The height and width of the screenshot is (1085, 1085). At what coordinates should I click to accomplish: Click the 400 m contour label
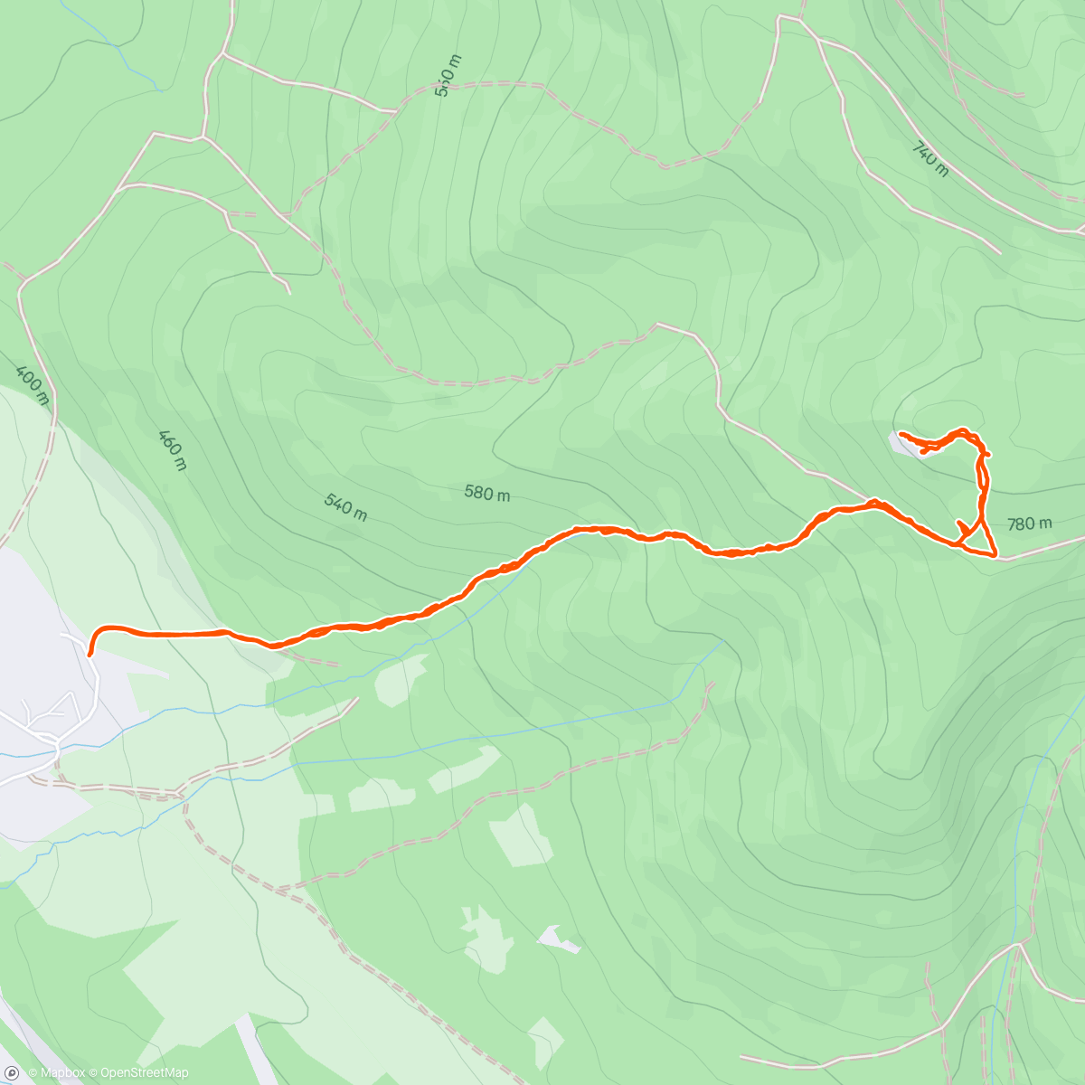31,383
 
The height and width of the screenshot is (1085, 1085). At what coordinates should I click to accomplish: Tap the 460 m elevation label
172,449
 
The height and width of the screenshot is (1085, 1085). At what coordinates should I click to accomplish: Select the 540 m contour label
345,506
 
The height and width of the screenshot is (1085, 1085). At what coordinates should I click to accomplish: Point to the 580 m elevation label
486,494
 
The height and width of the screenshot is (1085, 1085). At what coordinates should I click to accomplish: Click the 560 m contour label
448,75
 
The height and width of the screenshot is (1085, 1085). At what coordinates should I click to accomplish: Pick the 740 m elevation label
929,159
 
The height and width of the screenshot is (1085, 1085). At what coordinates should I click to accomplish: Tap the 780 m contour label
1029,524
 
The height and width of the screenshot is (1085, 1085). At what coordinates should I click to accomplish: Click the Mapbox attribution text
56,1073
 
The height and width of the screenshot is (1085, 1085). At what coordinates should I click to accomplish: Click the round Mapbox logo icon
12,1073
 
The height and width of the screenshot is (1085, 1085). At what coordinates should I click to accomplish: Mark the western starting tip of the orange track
90,653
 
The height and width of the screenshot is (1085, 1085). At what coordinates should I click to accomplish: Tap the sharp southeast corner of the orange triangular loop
995,555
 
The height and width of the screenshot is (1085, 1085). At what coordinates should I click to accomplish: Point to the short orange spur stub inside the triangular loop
961,525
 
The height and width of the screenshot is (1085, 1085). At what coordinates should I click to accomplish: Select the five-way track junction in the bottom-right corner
1019,945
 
